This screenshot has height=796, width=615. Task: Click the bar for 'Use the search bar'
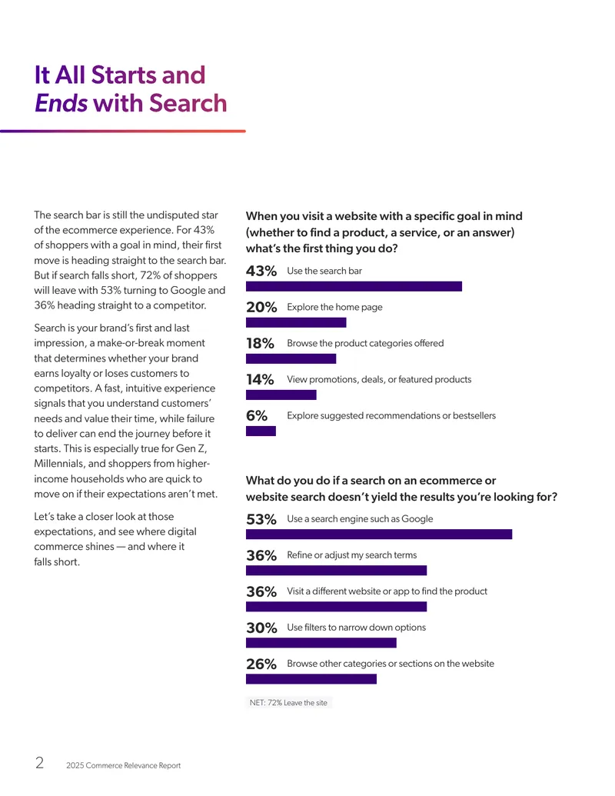coord(354,286)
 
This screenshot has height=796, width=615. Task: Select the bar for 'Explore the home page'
coord(296,322)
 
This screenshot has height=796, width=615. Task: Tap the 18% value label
coord(260,344)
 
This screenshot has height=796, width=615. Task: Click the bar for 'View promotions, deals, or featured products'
coord(281,395)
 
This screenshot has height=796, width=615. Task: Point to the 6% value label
coord(257,416)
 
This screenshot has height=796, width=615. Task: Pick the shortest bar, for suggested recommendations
coord(261,431)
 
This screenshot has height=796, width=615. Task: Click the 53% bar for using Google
coord(379,534)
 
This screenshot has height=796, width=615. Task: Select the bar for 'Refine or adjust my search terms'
coord(337,571)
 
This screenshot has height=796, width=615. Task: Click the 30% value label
coord(261,628)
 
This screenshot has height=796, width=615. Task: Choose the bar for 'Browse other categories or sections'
coord(311,679)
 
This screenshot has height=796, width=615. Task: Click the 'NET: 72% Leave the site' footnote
coord(289,703)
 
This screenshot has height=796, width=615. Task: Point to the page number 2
coord(39,762)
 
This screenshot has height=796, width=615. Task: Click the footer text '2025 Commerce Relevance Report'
coord(123,765)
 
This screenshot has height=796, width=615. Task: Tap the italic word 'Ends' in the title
coord(61,103)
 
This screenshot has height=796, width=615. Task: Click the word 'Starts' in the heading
coord(124,75)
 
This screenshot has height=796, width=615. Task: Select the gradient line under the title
coord(123,131)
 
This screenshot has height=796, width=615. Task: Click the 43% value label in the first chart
coord(261,271)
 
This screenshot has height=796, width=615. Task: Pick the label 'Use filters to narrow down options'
coord(356,628)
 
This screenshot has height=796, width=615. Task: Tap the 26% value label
coord(261,664)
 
